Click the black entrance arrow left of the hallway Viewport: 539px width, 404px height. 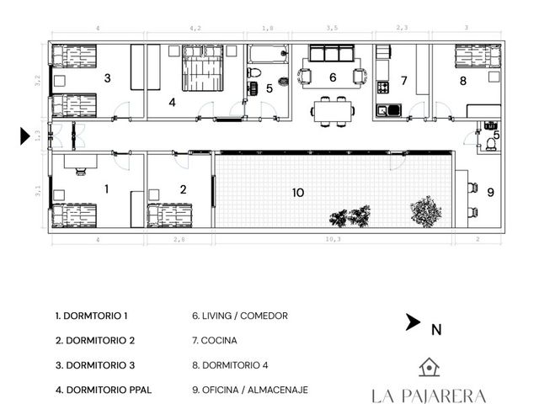tap(24, 136)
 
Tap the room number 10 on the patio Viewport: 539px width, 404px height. tap(298, 193)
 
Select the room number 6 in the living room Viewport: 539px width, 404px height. tap(333, 77)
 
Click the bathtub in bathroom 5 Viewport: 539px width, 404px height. tap(268, 54)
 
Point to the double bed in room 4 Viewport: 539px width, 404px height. tap(202, 68)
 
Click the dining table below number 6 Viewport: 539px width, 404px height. tap(333, 111)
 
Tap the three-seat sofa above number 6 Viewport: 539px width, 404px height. tap(332, 53)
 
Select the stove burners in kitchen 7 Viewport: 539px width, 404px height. tap(383, 88)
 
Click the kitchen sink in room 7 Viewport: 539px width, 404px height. tap(389, 110)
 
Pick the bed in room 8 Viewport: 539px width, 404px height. tap(478, 56)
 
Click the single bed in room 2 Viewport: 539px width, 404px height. tap(170, 215)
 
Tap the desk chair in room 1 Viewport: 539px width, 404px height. tap(81, 172)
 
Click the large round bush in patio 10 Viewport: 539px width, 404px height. tap(425, 211)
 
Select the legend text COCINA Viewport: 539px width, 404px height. tap(219, 340)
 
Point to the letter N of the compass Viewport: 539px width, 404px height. tap(436, 330)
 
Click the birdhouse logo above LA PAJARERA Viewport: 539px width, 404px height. tap(430, 367)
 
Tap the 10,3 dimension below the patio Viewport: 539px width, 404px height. tap(334, 239)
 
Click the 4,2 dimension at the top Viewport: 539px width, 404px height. tap(195, 28)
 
